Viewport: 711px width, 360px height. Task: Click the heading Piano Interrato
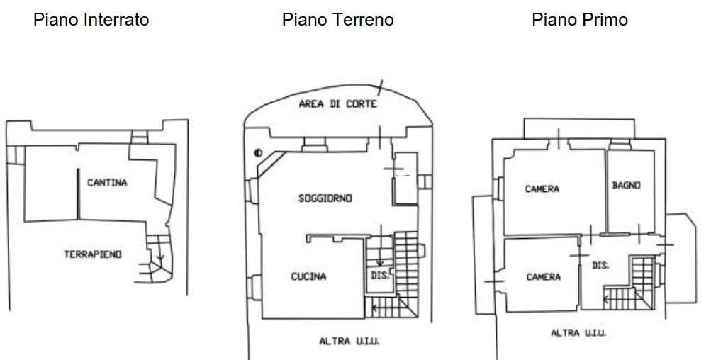tap(91, 20)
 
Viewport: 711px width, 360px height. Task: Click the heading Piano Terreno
tap(338, 20)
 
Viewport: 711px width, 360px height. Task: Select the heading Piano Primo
tap(580, 20)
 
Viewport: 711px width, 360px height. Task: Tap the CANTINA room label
tap(107, 183)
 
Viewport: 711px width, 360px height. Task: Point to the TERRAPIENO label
tap(93, 254)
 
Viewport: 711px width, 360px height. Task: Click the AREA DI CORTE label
tap(338, 104)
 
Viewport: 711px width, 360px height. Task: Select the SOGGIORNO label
tap(325, 198)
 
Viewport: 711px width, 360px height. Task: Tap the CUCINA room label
tap(308, 276)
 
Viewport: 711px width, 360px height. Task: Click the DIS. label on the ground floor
tap(380, 275)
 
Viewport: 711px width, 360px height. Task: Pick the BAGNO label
tap(626, 185)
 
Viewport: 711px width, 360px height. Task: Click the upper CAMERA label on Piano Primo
tap(542, 189)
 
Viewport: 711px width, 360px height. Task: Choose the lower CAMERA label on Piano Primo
tap(544, 276)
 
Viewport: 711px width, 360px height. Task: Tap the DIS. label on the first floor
tap(600, 266)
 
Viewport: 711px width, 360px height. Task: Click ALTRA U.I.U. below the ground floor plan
tap(349, 342)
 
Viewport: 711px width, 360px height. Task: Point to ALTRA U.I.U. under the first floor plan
tap(578, 333)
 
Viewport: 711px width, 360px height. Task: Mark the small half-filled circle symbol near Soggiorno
tap(258, 153)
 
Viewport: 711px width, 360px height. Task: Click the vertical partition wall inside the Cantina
tap(78, 194)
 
